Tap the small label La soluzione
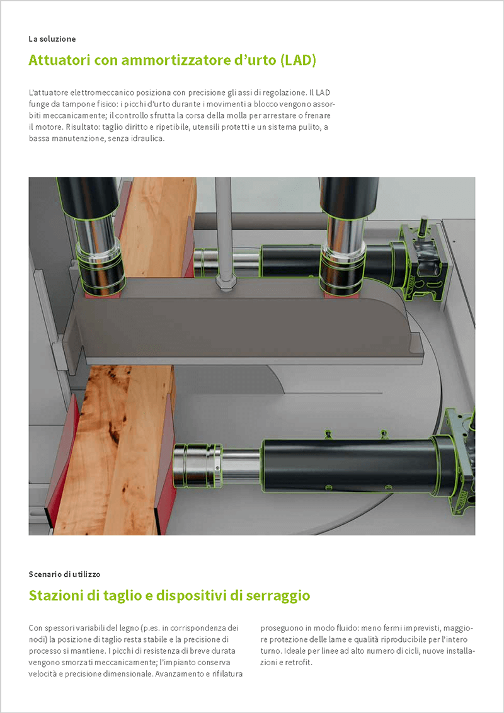point(52,39)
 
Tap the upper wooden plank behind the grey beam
point(157,227)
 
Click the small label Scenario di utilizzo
point(64,574)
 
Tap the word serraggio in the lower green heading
point(277,595)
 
